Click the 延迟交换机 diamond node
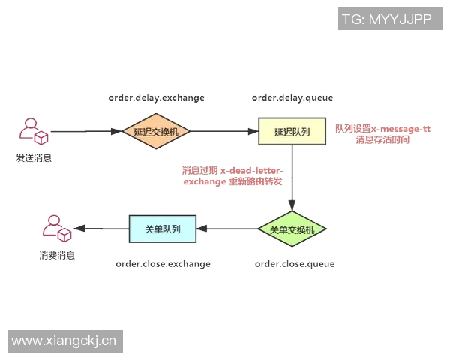[156, 131]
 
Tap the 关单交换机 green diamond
[292, 229]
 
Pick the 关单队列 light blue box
[162, 229]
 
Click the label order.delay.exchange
[156, 97]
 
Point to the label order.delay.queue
[292, 97]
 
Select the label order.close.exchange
[163, 264]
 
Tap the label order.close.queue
[295, 264]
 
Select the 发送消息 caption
[34, 158]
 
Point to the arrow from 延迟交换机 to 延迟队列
[224, 131]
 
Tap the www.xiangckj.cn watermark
[64, 341]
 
